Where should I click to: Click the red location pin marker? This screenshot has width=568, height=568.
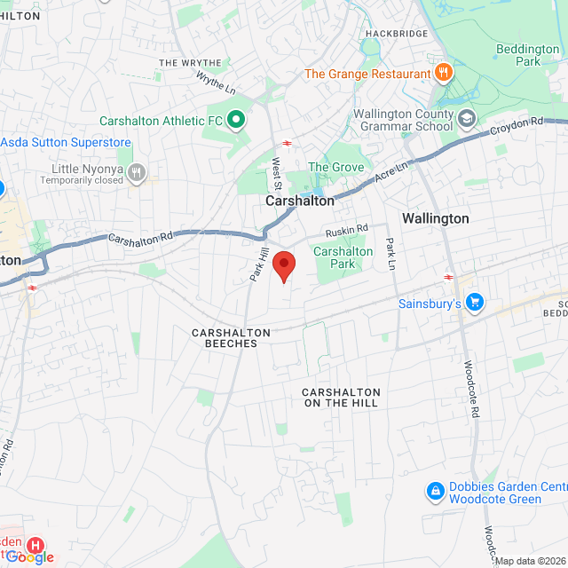click(283, 264)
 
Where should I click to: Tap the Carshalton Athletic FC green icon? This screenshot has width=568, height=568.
click(236, 119)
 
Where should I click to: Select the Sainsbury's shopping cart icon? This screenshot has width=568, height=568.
click(475, 303)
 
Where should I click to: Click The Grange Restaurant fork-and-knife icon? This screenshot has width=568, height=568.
click(441, 74)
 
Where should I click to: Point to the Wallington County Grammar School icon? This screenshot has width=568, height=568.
click(467, 119)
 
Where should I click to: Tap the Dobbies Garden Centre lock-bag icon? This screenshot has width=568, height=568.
click(435, 491)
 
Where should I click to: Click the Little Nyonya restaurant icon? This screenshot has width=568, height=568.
click(136, 172)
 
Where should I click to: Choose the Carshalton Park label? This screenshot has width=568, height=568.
click(343, 257)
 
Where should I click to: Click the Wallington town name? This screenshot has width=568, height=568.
click(435, 218)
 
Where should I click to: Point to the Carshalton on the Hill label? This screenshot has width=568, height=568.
click(341, 398)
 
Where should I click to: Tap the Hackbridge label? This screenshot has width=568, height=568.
click(395, 34)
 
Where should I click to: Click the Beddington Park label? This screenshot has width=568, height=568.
click(527, 55)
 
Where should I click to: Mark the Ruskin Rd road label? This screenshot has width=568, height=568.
click(347, 230)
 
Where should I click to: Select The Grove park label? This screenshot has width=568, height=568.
click(335, 167)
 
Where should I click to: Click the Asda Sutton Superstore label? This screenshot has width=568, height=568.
click(66, 143)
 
